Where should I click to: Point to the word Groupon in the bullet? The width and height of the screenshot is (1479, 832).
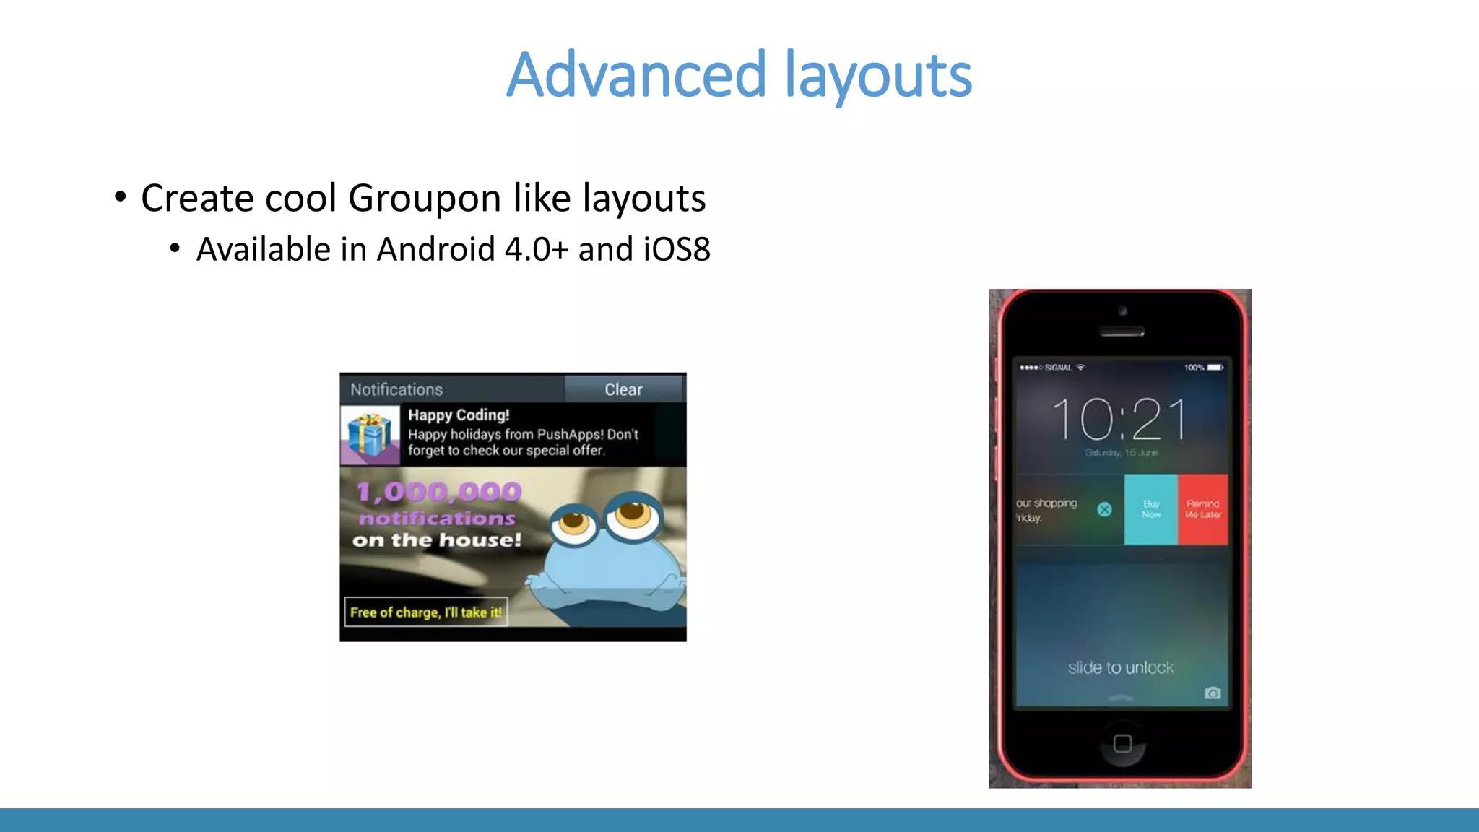[424, 198]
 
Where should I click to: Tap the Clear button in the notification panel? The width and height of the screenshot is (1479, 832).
[623, 389]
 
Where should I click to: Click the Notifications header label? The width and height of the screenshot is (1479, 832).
[396, 389]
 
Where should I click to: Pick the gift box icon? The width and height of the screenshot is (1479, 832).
[370, 435]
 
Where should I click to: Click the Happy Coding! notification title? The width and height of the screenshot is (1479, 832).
[459, 415]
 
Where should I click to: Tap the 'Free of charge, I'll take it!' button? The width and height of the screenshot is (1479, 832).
[425, 612]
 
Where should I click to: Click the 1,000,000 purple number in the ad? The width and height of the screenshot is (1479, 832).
[438, 492]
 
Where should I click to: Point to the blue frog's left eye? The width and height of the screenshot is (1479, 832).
[574, 521]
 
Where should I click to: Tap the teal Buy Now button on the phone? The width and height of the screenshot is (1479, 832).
[1151, 509]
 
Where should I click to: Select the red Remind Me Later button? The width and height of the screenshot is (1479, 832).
[1202, 509]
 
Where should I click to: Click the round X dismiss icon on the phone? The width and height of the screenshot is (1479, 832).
[1104, 509]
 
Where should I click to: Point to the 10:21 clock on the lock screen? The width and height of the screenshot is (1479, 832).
[1119, 420]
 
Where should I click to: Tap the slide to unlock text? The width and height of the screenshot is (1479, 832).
[1120, 667]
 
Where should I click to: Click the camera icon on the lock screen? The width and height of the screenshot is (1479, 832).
[1213, 693]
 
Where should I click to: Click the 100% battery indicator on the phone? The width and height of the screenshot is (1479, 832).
[1203, 368]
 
